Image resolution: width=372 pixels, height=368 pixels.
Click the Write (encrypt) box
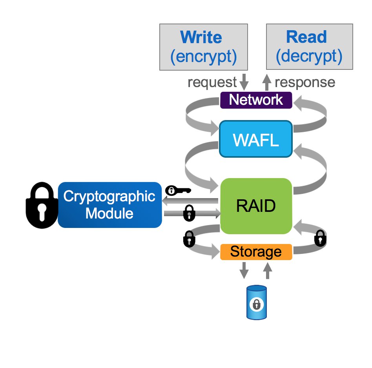(x=203, y=47)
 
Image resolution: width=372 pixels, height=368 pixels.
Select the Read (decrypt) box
(x=309, y=47)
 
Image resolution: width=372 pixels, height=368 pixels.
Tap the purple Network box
(x=256, y=100)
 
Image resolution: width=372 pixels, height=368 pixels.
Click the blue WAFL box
(x=256, y=140)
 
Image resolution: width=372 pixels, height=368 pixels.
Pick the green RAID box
(x=256, y=206)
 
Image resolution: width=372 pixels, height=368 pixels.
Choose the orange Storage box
(x=256, y=252)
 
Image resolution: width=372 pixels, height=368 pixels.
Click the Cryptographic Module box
(x=109, y=205)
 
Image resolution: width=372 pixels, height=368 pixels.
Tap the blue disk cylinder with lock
(x=256, y=302)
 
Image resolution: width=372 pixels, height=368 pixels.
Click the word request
(x=212, y=82)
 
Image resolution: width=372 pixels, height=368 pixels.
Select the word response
(x=305, y=82)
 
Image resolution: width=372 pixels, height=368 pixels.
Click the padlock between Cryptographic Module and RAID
(x=189, y=213)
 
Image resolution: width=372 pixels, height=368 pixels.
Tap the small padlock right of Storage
(x=320, y=238)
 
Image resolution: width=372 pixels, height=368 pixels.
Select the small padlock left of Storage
(x=189, y=239)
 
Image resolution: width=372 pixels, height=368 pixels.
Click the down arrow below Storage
(x=244, y=270)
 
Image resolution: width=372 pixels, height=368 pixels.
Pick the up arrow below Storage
(x=268, y=270)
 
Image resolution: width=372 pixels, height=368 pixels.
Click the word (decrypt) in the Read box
(x=309, y=56)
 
